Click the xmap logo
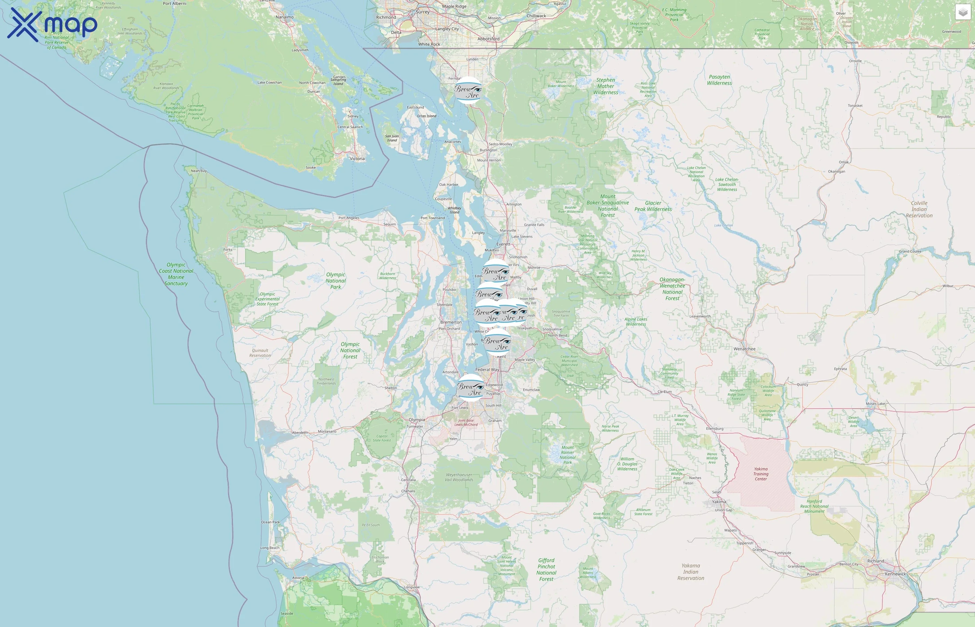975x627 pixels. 52,25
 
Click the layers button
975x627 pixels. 962,12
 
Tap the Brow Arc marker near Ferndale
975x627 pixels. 468,90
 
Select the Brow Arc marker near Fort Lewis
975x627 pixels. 470,388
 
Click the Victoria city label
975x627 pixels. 357,159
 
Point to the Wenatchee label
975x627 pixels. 744,349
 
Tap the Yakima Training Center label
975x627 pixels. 760,474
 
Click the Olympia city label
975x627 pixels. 417,420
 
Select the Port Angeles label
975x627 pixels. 349,218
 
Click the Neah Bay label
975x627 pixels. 198,171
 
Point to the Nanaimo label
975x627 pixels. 284,17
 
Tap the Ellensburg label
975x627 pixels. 715,429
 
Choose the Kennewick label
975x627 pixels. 895,574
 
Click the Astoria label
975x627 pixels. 298,578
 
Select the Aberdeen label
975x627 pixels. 300,433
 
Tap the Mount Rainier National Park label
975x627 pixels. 567,455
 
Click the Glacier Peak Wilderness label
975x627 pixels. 653,206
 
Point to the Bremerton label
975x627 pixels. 451,323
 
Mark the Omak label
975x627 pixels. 844,162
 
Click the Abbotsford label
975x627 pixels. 488,39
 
